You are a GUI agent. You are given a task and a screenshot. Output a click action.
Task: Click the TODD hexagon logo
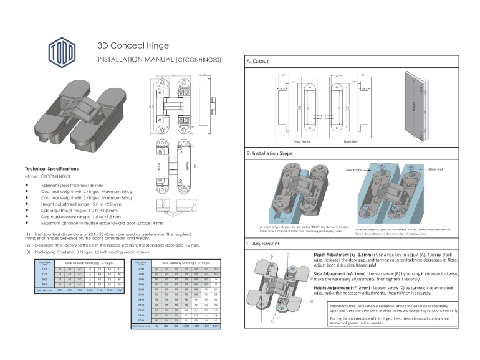tap(62, 50)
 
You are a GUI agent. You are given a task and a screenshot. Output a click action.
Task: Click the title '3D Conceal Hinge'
tap(133, 46)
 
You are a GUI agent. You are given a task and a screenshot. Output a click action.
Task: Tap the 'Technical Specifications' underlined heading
tap(52, 169)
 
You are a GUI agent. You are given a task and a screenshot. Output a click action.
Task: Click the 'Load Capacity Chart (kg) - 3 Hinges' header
tap(185, 263)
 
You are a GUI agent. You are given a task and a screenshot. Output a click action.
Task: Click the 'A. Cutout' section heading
tap(257, 62)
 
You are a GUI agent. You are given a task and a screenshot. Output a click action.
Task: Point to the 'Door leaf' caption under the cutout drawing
tap(353, 141)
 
